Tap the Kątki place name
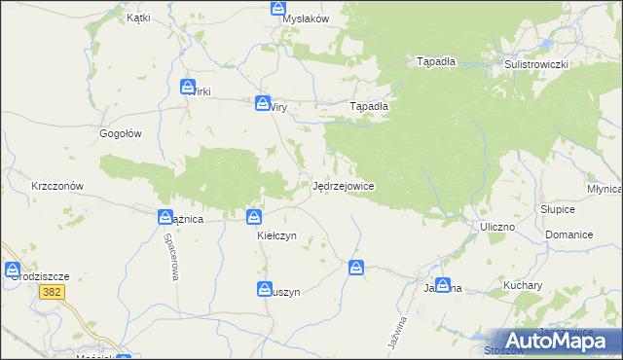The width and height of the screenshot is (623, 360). pyautogui.click(x=138, y=18)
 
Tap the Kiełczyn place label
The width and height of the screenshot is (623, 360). pyautogui.click(x=276, y=235)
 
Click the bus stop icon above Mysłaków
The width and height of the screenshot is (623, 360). pyautogui.click(x=278, y=8)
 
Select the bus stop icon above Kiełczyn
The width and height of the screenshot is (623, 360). pyautogui.click(x=254, y=218)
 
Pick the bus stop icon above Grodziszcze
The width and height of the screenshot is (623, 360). pyautogui.click(x=12, y=270)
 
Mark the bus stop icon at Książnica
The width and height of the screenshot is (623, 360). pyautogui.click(x=165, y=218)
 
